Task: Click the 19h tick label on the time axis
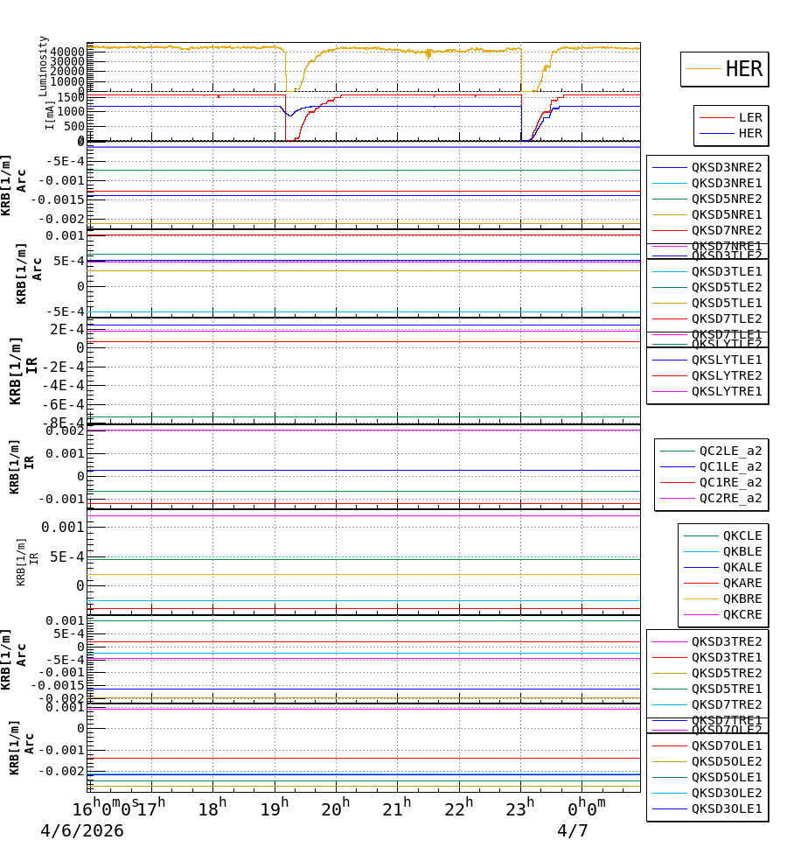tap(275, 808)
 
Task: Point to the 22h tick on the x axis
tap(459, 808)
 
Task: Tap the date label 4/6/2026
tap(82, 831)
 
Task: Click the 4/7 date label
tap(573, 831)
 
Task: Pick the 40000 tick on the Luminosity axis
tap(66, 52)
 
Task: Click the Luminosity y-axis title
tap(44, 66)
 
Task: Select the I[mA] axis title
tap(50, 114)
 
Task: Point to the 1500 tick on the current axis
tap(68, 95)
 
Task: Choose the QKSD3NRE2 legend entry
tap(726, 167)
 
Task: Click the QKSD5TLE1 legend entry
tap(726, 303)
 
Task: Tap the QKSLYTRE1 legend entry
tap(726, 391)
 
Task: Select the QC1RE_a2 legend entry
tap(729, 482)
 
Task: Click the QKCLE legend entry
tap(742, 535)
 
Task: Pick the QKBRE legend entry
tap(742, 598)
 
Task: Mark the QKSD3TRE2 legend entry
tap(726, 641)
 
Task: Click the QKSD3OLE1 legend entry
tap(726, 808)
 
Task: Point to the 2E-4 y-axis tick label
tap(66, 329)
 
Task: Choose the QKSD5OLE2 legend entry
tap(726, 761)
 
